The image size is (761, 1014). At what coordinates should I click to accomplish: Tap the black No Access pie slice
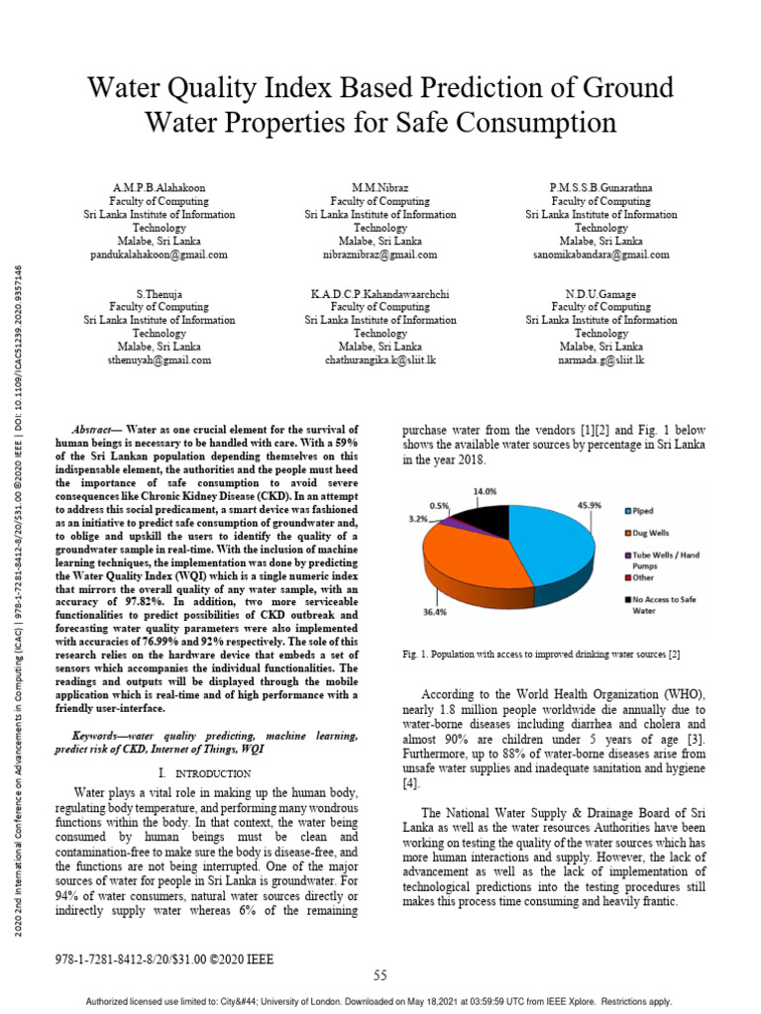point(483,516)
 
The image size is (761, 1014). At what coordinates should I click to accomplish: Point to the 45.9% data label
point(590,505)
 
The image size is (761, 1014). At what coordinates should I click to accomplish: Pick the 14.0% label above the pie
point(485,490)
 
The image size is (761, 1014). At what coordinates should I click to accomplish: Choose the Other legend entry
point(645,576)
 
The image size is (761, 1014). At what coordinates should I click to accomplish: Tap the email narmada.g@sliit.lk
point(600,361)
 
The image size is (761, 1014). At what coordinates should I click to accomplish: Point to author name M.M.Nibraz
point(380,187)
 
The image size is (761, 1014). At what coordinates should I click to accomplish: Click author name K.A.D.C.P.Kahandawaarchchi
point(380,295)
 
